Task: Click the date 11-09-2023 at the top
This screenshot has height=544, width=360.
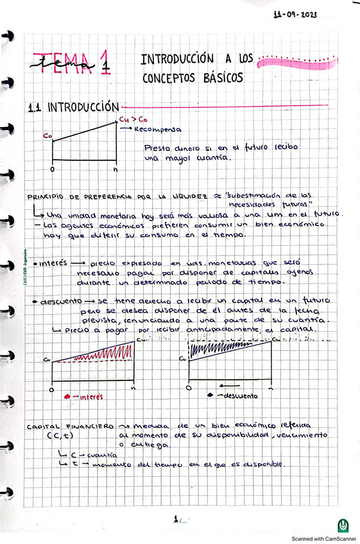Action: [295, 13]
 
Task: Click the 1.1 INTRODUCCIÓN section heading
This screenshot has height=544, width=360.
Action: [74, 107]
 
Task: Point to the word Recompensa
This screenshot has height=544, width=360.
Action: [159, 128]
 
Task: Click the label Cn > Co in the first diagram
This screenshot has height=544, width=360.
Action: [132, 119]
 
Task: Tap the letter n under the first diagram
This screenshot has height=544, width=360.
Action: [115, 169]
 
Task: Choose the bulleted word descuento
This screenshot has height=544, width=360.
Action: [60, 301]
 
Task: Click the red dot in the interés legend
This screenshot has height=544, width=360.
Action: [67, 398]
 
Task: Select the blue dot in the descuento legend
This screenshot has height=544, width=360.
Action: [211, 396]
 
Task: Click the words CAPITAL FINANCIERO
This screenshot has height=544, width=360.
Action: [71, 426]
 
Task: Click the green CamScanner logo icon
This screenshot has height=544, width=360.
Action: [344, 525]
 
